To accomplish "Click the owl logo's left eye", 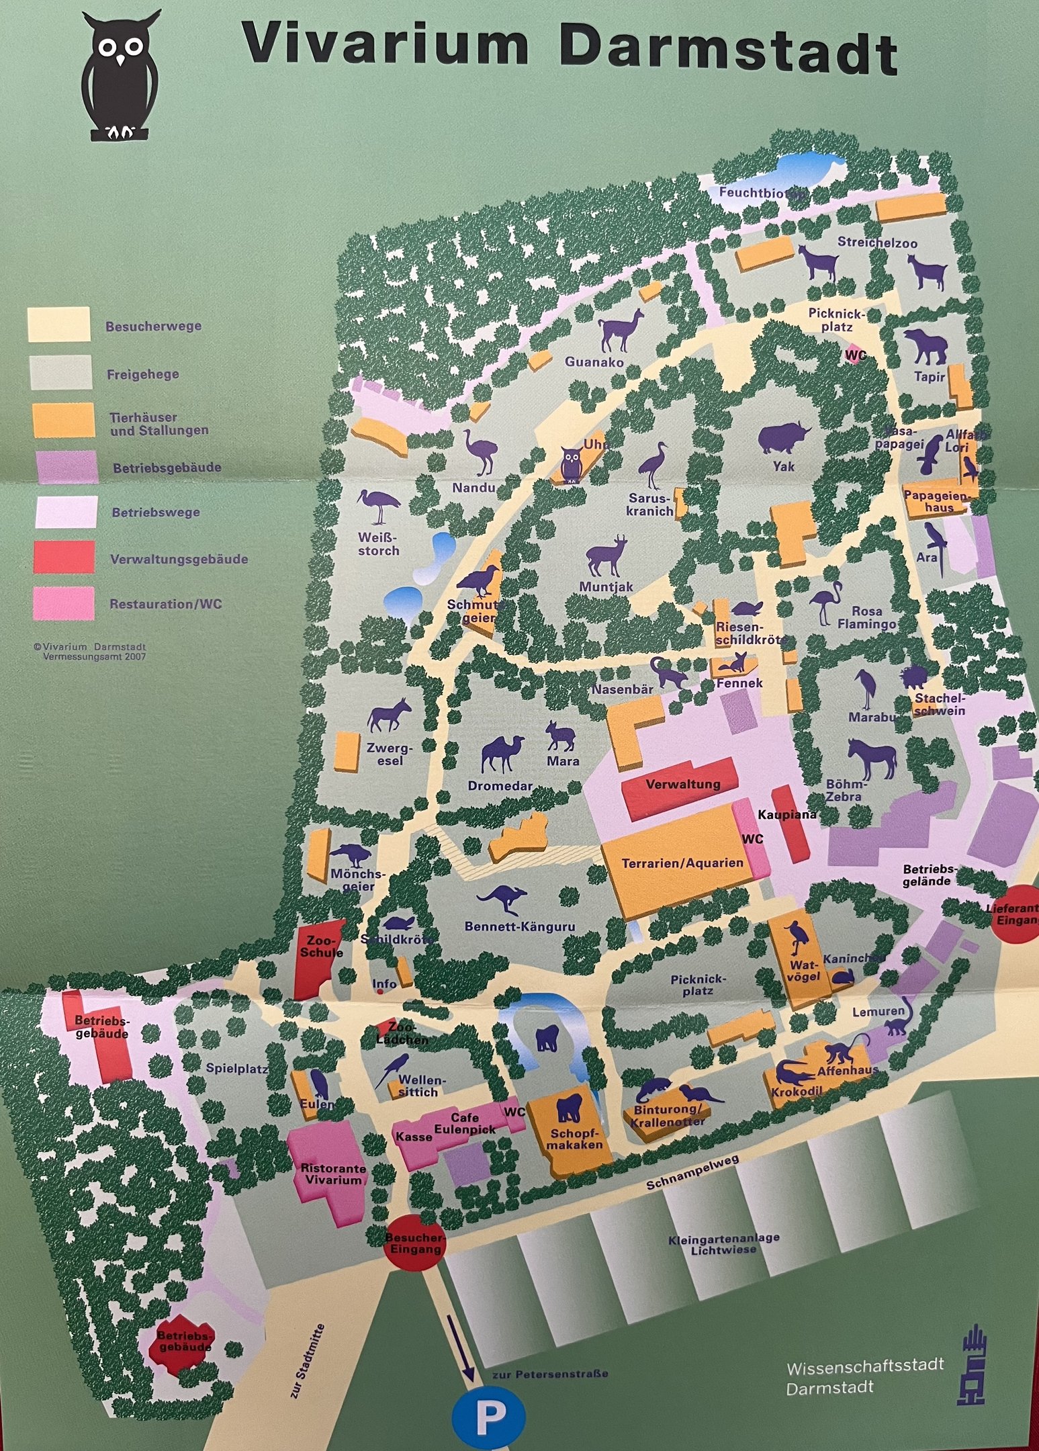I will point(108,48).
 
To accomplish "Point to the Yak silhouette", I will point(783,439).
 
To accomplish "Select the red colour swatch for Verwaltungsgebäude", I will point(64,556).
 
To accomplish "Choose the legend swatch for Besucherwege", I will point(58,324).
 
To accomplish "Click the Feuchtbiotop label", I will point(761,193).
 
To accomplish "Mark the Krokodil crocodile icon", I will point(797,1073).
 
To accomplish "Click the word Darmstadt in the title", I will point(728,47).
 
